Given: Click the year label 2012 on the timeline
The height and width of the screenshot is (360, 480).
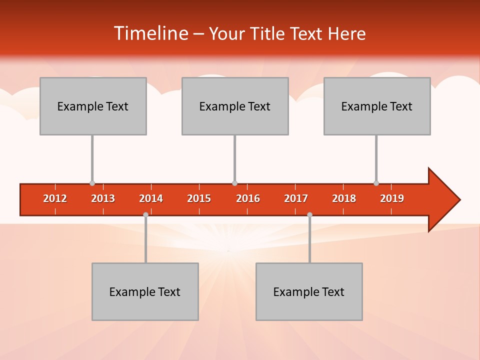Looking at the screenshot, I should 55,198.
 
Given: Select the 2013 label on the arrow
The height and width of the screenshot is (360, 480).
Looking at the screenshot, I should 103,198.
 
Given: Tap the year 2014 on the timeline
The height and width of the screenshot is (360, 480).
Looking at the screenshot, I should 151,198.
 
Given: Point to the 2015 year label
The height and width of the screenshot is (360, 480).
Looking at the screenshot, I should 199,198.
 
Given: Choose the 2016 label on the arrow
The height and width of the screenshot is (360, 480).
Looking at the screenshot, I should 248,198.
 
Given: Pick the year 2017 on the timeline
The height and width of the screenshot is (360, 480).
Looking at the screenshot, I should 296,198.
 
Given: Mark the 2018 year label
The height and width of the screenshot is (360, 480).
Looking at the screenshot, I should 344,198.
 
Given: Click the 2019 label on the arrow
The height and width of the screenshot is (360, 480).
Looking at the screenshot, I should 392,198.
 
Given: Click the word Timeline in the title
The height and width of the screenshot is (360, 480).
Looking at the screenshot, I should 150,33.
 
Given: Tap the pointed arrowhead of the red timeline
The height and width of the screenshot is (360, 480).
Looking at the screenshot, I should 445,200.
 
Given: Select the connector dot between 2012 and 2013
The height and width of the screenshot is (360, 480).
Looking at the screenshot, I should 92,183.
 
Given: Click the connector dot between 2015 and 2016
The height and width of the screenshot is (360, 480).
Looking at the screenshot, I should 234,183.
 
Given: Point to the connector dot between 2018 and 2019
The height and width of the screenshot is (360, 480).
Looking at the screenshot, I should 376,183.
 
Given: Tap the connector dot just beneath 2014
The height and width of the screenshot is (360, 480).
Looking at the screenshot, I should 145,214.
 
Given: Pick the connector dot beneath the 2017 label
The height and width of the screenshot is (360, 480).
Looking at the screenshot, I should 309,214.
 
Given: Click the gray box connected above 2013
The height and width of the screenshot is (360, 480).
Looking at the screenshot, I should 93,106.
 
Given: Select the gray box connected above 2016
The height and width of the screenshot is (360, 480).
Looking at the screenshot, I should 235,106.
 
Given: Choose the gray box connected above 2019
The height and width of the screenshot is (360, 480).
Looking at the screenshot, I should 377,106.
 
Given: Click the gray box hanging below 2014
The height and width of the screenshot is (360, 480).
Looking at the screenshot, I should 145,291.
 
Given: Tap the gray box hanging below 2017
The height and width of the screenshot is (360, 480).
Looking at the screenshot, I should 309,291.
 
